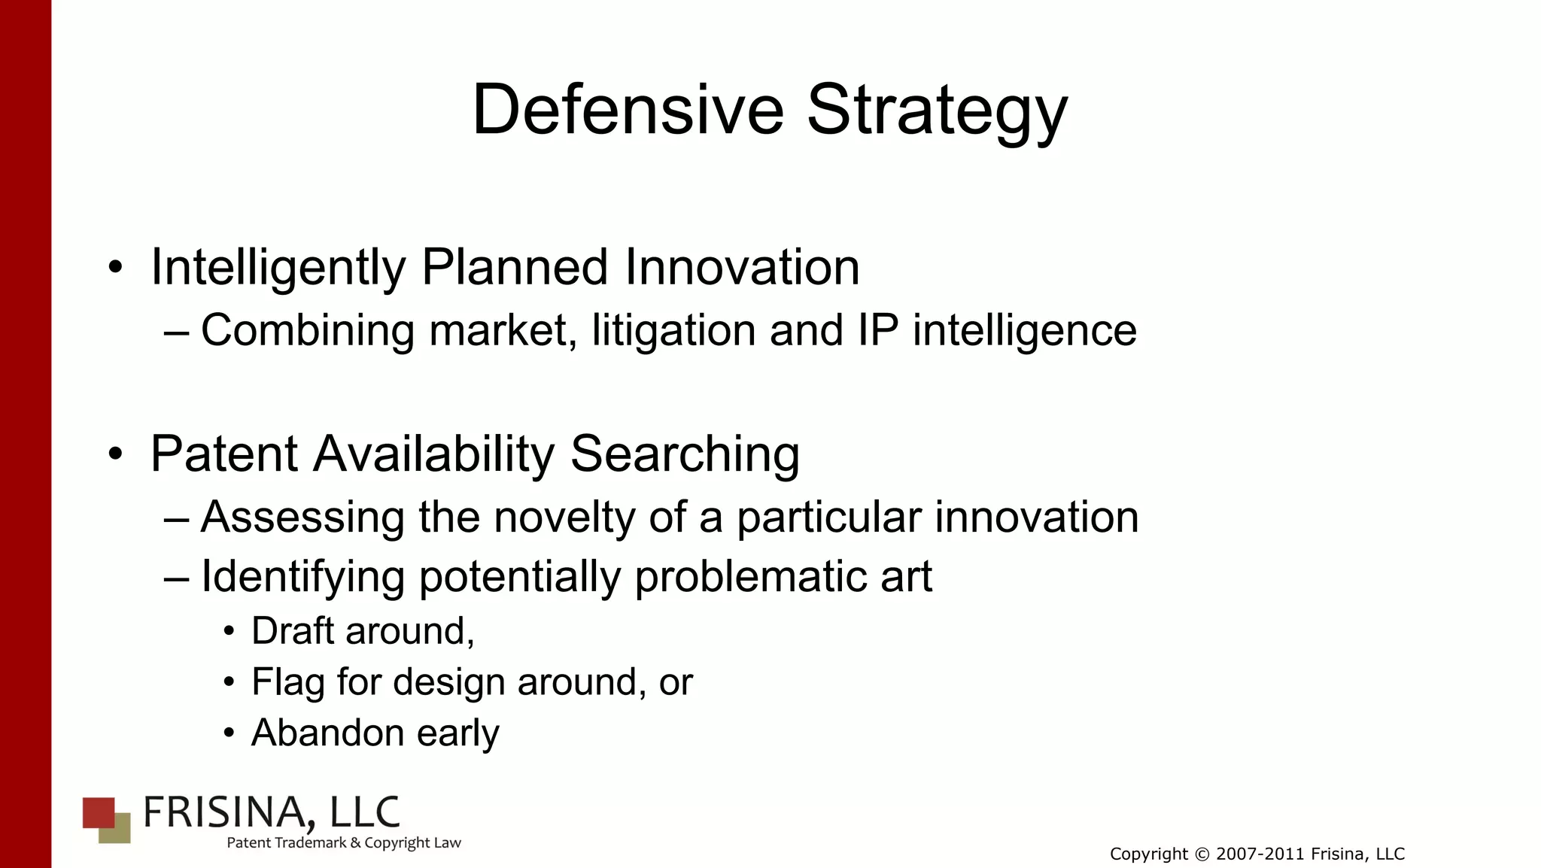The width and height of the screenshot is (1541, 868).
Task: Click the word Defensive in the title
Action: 628,110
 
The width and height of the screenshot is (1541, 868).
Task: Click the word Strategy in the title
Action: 937,110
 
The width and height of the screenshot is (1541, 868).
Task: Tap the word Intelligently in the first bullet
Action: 278,268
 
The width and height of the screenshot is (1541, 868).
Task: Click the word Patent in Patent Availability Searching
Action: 224,454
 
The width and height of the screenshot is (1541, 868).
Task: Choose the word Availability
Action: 434,454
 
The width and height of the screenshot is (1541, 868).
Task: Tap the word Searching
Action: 685,454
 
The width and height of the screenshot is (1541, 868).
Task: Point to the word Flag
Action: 288,682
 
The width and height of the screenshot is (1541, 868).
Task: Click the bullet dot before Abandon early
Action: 229,733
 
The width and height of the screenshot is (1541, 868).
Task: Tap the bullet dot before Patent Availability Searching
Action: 115,454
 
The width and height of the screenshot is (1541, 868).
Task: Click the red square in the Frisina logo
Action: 97,812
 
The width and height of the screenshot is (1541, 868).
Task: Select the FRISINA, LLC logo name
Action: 271,813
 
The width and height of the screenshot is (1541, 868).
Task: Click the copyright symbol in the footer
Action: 1202,854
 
